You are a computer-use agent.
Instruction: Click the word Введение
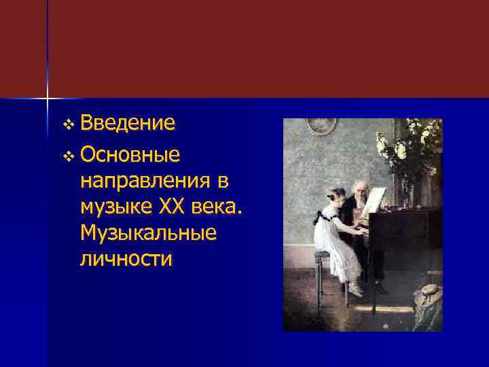(x=128, y=123)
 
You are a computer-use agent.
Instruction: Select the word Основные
(x=130, y=156)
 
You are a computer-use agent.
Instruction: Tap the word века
(x=217, y=207)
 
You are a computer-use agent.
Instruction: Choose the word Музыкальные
(x=148, y=233)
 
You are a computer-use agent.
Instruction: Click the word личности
(x=126, y=259)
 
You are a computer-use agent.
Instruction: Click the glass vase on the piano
(x=407, y=194)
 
